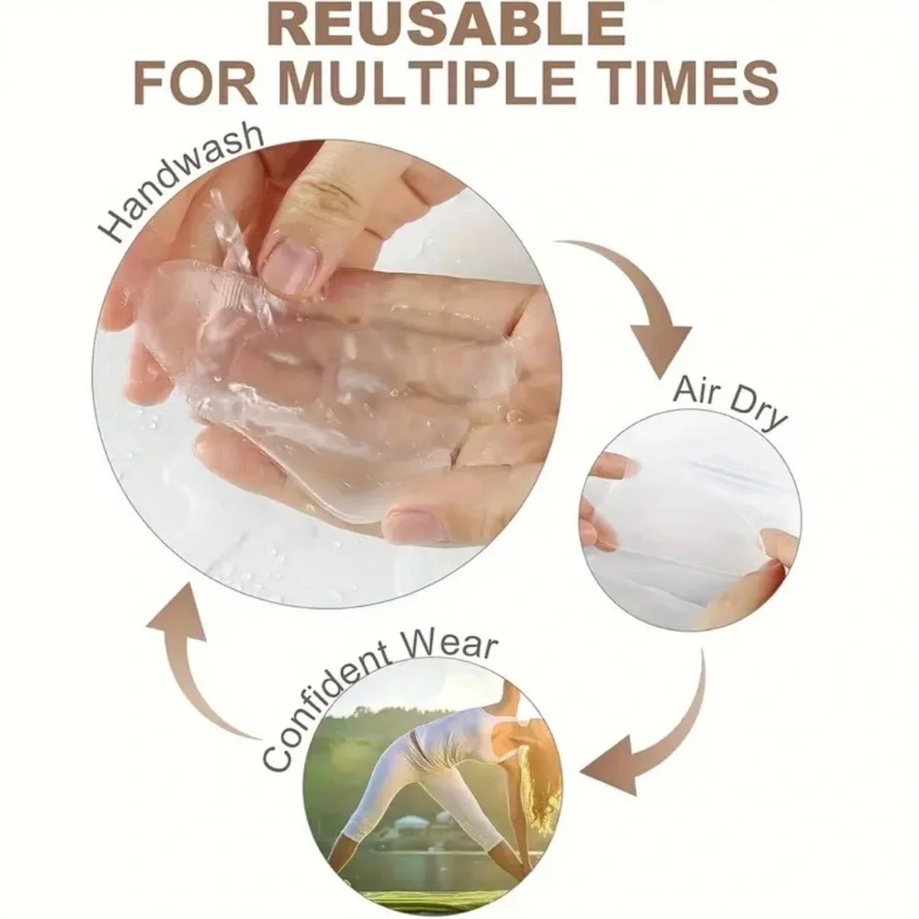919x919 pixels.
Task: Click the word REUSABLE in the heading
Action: coord(449,25)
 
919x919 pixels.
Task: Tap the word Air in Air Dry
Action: coord(699,391)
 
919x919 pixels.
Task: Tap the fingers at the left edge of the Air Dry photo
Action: coord(604,504)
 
